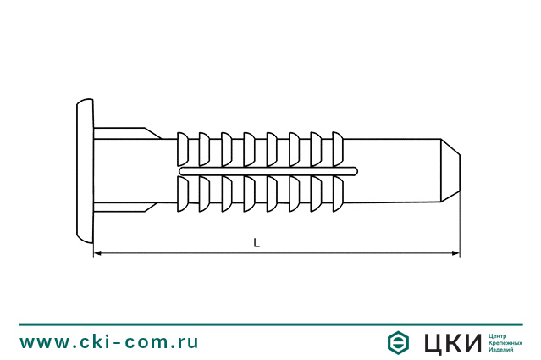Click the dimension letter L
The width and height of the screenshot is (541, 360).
click(x=257, y=242)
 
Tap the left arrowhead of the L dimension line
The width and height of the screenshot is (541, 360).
click(x=97, y=252)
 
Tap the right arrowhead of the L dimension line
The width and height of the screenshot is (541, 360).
click(x=455, y=252)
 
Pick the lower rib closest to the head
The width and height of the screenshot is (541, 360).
click(x=181, y=194)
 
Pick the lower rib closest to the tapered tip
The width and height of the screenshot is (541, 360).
click(x=338, y=194)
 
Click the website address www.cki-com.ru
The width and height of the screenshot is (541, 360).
click(x=110, y=342)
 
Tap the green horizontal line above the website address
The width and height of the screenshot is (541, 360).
click(x=270, y=324)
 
